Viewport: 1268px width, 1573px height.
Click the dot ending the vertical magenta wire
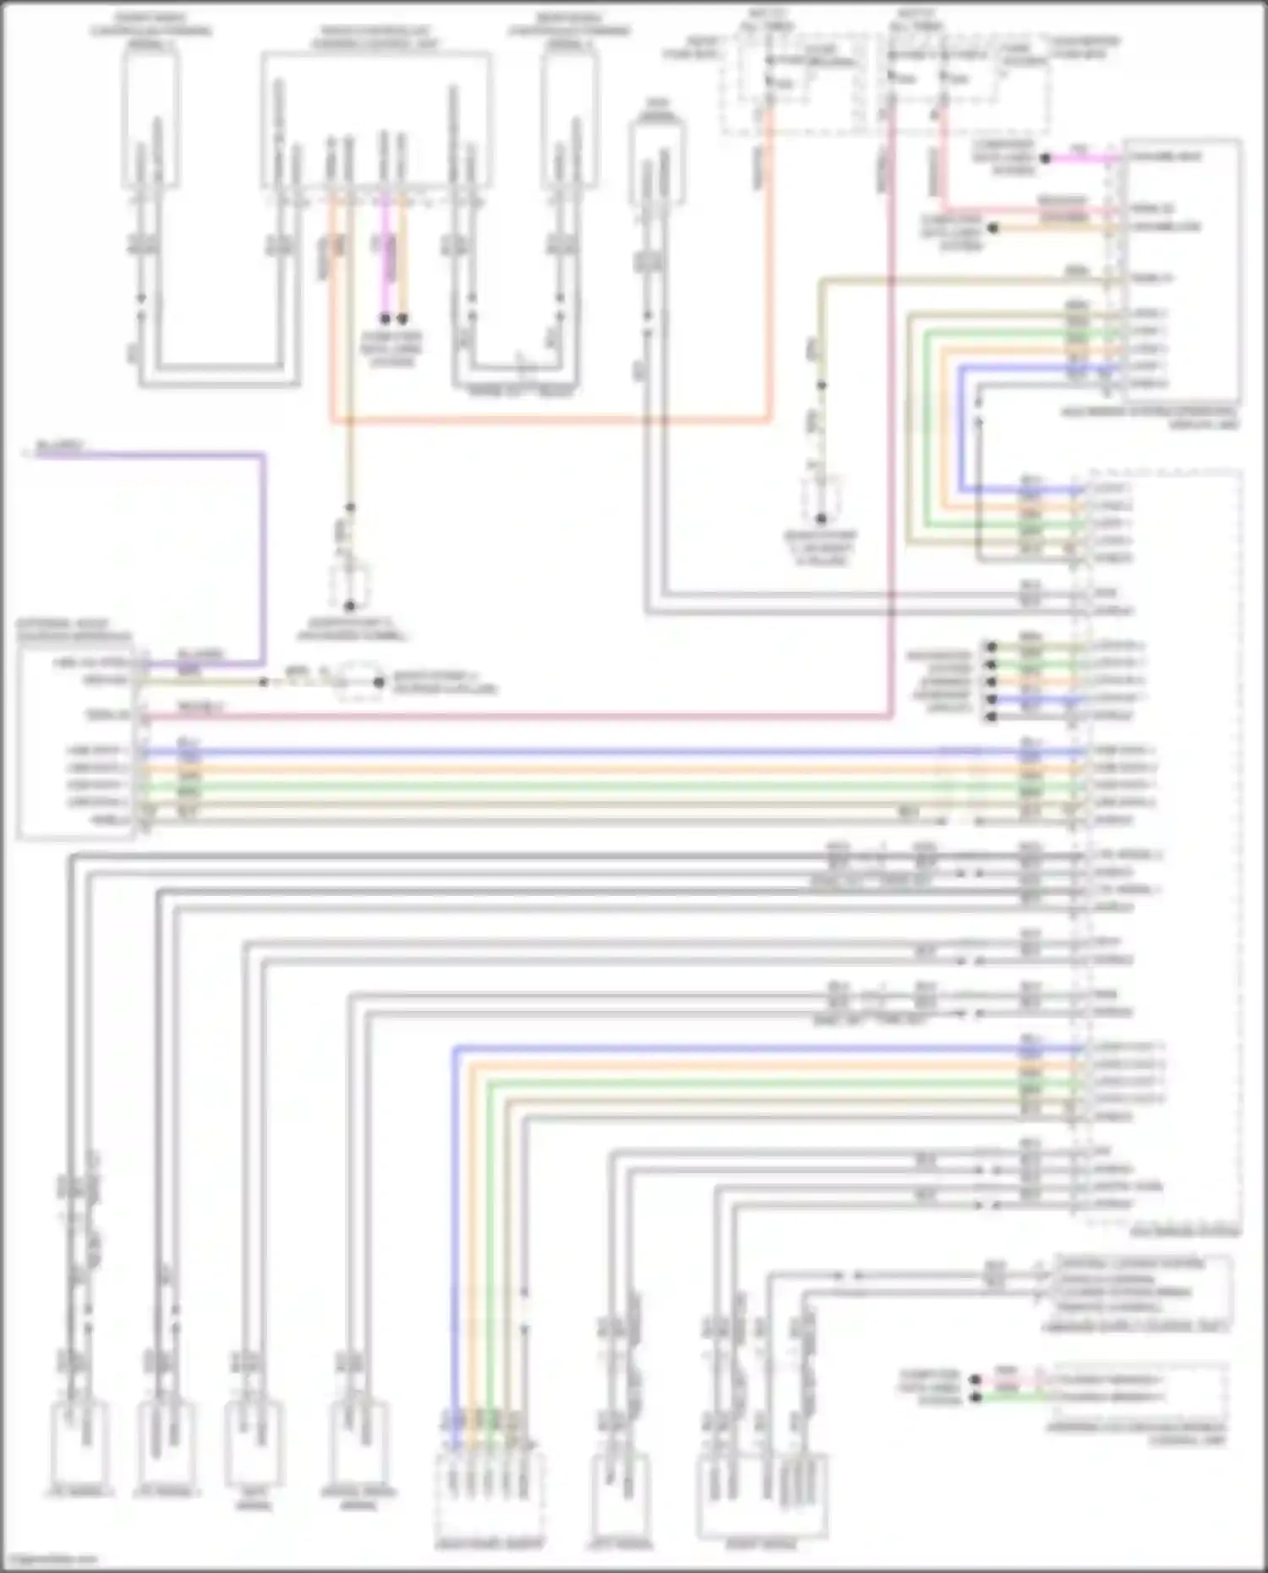click(x=385, y=319)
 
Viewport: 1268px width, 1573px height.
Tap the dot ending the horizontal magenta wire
click(x=1045, y=158)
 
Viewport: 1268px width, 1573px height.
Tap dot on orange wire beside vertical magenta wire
click(x=403, y=319)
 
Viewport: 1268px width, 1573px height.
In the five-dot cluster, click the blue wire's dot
click(x=991, y=699)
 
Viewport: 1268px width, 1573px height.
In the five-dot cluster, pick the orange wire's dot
click(x=991, y=681)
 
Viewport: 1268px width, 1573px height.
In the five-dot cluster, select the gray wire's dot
click(x=991, y=717)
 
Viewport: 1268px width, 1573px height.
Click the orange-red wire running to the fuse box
click(x=549, y=418)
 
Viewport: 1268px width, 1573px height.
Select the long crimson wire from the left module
click(x=507, y=718)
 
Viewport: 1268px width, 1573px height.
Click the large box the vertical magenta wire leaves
click(x=376, y=118)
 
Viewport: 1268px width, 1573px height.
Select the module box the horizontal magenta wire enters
click(x=1182, y=270)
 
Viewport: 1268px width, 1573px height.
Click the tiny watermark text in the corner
click(x=51, y=1559)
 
